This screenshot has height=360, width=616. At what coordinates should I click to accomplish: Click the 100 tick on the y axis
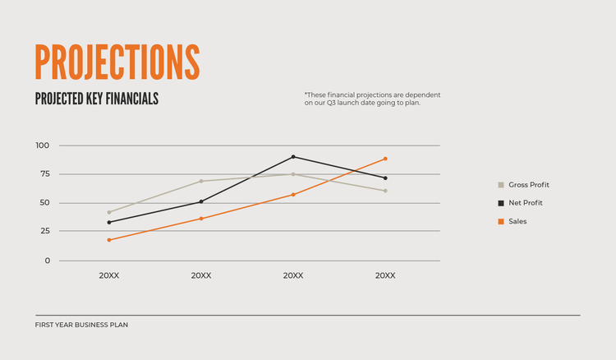43,145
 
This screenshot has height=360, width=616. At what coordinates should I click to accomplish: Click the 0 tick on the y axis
47,261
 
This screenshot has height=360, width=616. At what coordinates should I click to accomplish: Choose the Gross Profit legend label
529,185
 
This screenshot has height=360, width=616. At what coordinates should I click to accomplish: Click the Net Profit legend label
526,203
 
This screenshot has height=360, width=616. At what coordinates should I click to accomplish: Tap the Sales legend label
517,221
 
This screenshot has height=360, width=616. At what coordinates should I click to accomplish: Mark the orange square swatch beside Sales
501,221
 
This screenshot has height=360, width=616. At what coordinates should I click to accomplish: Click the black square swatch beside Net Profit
501,203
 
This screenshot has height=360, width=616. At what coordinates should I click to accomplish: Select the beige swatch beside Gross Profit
501,185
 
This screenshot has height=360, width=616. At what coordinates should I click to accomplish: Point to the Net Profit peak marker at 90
293,157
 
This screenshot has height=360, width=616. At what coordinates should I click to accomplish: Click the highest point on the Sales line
385,159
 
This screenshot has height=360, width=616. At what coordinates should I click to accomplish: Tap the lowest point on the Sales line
109,240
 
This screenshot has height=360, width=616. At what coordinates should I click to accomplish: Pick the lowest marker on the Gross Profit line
109,212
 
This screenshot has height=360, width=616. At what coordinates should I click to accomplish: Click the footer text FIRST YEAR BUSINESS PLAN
81,325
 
